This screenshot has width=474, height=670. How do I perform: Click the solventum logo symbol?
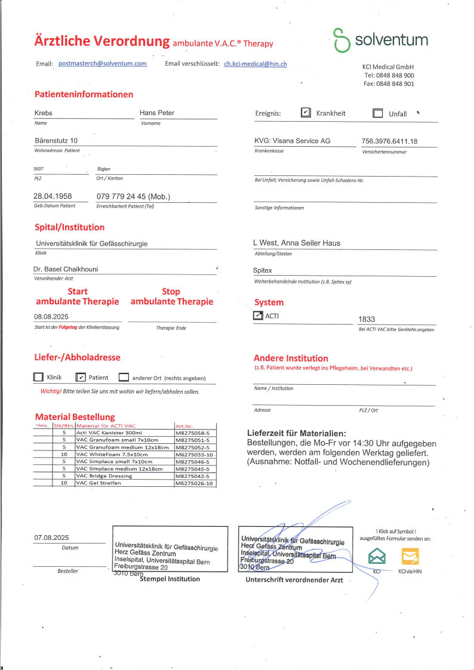pos(341,41)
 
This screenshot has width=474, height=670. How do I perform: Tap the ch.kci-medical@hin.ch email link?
pos(255,63)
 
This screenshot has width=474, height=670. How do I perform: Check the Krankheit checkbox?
pos(306,113)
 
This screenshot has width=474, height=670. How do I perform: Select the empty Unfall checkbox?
pos(377,113)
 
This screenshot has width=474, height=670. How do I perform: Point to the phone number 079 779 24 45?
pos(133,196)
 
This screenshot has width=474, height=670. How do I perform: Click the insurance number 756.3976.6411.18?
pos(389,141)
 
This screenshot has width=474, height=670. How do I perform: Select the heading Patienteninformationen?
pos(84,94)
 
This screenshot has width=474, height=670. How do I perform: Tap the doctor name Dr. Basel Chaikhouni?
pos(69,269)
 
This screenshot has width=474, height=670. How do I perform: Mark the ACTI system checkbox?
pos(258,316)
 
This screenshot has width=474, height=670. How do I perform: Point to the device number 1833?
pos(367,319)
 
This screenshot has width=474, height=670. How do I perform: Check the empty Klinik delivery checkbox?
pos(39,377)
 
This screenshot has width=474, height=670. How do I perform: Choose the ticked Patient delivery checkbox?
pos(81,377)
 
